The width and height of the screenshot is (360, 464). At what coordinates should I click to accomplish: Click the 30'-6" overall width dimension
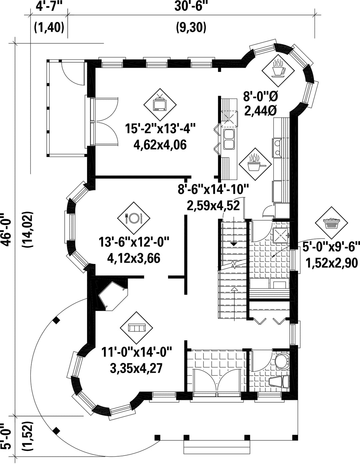coord(191,6)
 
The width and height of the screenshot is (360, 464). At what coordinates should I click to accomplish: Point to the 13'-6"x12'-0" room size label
coord(134,242)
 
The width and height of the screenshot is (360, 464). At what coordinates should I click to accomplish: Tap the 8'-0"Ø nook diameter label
coord(261,97)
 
